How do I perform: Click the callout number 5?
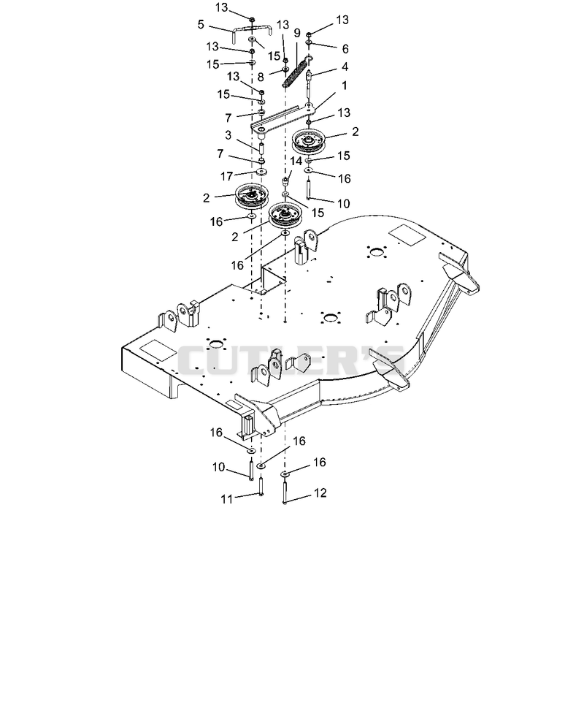[x=201, y=24]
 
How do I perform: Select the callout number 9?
[x=297, y=33]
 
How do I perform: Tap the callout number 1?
[x=345, y=85]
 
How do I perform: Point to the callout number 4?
[x=345, y=66]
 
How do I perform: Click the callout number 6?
[x=345, y=48]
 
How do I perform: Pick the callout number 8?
[x=261, y=77]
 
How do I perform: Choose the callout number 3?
[x=228, y=135]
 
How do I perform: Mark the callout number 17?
[x=227, y=176]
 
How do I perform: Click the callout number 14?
[x=296, y=161]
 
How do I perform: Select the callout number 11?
[x=227, y=499]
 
